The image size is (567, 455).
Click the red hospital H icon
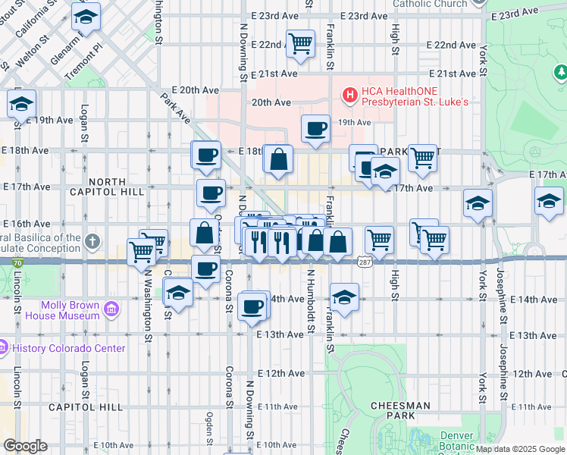point(349,95)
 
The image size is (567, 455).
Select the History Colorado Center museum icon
point(5,349)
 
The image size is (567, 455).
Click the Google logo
point(25,446)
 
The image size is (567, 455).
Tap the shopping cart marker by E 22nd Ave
point(301,43)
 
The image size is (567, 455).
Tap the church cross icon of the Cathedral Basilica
point(92,242)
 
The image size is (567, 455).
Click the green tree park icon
point(560,72)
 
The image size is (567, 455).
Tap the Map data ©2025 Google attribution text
point(520,449)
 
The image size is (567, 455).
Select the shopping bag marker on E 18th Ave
point(279,159)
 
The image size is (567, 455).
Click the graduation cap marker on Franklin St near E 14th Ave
point(343,298)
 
